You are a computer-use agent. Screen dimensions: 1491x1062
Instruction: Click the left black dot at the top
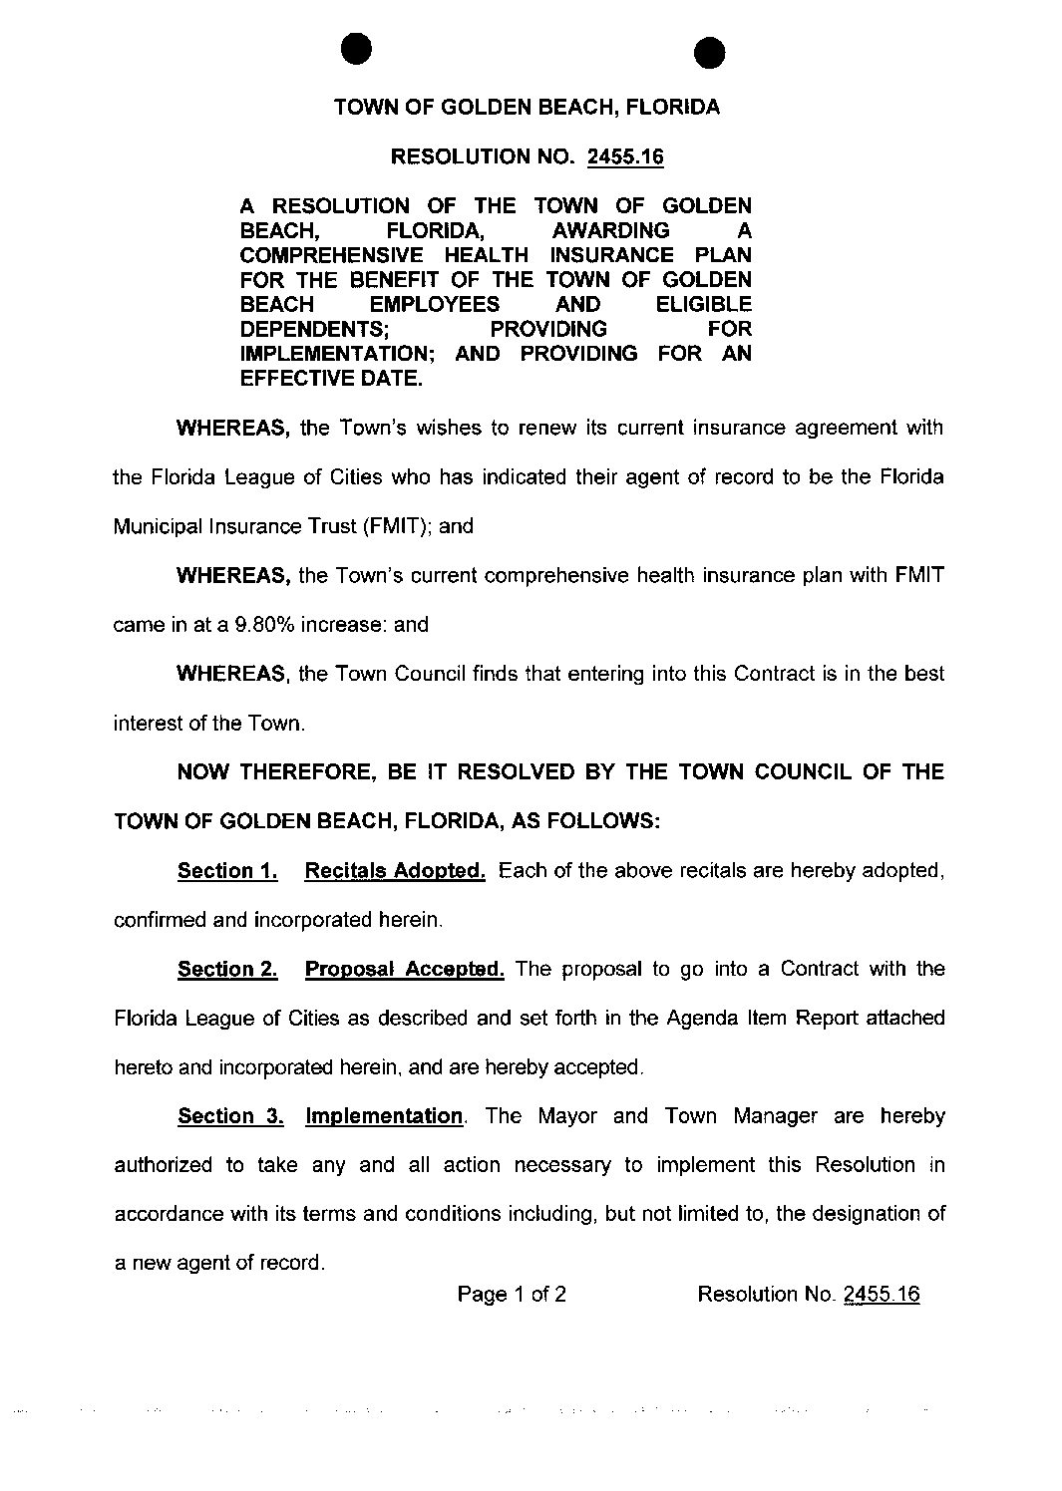coord(355,47)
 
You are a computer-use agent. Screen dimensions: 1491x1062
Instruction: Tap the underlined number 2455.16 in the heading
coord(624,156)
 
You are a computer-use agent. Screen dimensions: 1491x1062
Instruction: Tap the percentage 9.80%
coord(264,625)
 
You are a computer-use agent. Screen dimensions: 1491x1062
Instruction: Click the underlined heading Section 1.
coord(227,871)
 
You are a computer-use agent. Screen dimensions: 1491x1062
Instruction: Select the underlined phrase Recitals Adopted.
coord(395,871)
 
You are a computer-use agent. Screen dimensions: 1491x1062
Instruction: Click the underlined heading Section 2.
coord(227,969)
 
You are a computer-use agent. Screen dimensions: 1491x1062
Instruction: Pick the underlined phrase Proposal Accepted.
coord(404,969)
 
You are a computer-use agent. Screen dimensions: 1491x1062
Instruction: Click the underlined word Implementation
coord(384,1116)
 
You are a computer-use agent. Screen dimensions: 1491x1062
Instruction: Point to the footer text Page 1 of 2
coord(512,1295)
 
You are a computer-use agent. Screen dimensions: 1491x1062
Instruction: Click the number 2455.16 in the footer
coord(882,1295)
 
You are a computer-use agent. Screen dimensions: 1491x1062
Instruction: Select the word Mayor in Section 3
coord(567,1116)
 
